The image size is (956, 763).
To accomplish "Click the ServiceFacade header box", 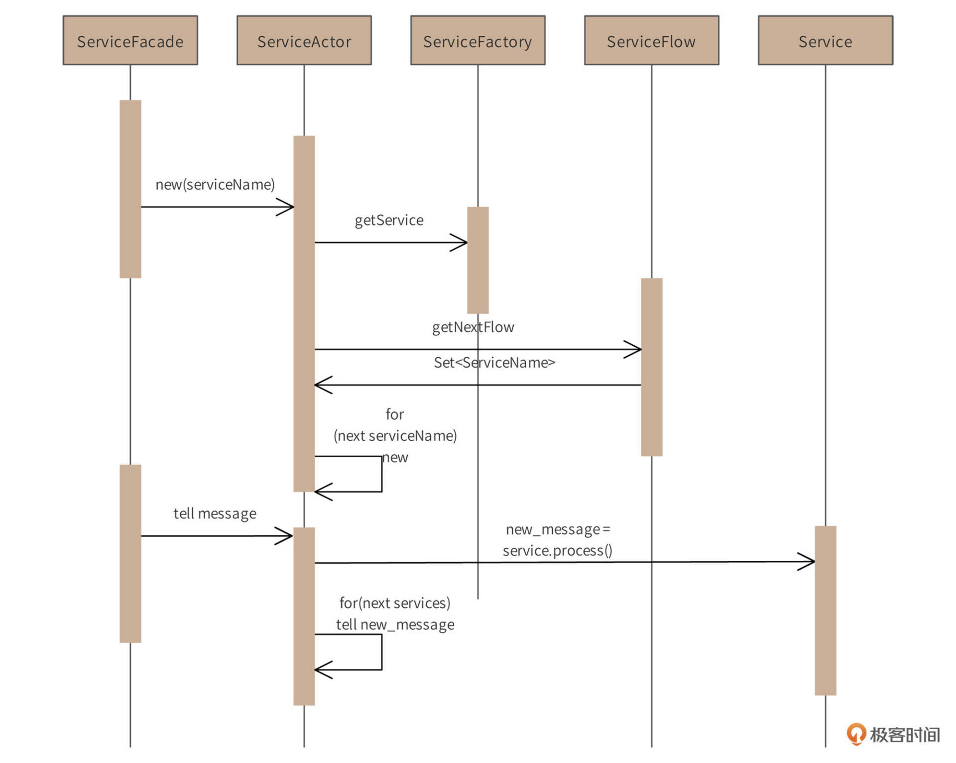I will tap(130, 40).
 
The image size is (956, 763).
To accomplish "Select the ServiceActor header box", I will tap(304, 40).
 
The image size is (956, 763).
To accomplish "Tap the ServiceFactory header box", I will tap(478, 40).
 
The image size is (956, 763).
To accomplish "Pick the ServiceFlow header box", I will tap(651, 40).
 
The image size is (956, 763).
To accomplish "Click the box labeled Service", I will tap(825, 40).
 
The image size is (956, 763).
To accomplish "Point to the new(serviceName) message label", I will tap(215, 185).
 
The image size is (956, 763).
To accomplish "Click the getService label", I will tap(389, 220).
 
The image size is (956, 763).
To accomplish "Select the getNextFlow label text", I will tap(473, 327).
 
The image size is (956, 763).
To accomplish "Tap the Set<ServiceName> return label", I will tap(494, 363).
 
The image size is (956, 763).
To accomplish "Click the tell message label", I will tap(215, 513).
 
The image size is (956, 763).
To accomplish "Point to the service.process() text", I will tap(557, 551).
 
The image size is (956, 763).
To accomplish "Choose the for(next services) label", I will tap(394, 603).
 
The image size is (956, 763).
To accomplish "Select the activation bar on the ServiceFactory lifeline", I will tap(478, 260).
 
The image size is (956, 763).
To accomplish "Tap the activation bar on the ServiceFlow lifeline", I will tap(651, 367).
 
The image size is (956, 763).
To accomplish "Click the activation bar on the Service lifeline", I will tap(825, 610).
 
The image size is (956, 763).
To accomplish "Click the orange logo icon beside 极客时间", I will tap(856, 734).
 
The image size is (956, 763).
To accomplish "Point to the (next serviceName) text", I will tap(395, 436).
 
